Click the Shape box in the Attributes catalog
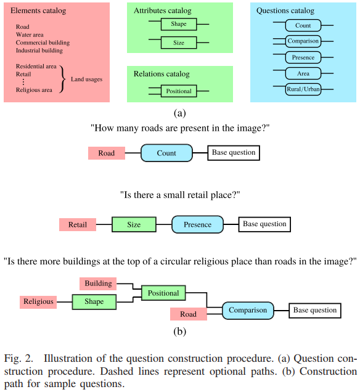pyautogui.click(x=178, y=25)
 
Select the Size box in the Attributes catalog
pyautogui.click(x=178, y=43)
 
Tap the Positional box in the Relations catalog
pyautogui.click(x=179, y=91)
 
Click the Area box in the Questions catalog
pyautogui.click(x=303, y=73)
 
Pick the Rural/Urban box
pyautogui.click(x=303, y=89)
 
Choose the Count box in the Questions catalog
pyautogui.click(x=303, y=26)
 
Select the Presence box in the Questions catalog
pyautogui.click(x=303, y=57)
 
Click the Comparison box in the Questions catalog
pyautogui.click(x=303, y=41)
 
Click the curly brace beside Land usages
pyautogui.click(x=63, y=78)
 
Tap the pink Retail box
pyautogui.click(x=77, y=224)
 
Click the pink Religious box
pyautogui.click(x=38, y=301)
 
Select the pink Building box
pyautogui.click(x=98, y=284)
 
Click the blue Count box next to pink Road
pyautogui.click(x=166, y=153)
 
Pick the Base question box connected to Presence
pyautogui.click(x=264, y=224)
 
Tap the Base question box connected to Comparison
pyautogui.click(x=315, y=310)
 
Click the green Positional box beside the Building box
pyautogui.click(x=163, y=293)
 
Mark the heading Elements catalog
pyautogui.click(x=38, y=11)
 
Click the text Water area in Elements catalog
pyautogui.click(x=33, y=35)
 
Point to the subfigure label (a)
pyautogui.click(x=179, y=112)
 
